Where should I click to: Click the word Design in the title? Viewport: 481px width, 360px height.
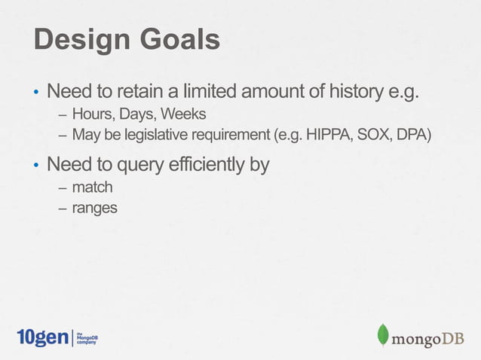coord(78,41)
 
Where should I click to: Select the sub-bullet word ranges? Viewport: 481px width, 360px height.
coord(94,207)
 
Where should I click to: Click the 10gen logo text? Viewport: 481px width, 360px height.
coord(42,337)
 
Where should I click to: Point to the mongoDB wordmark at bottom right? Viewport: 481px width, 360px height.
coord(427,338)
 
